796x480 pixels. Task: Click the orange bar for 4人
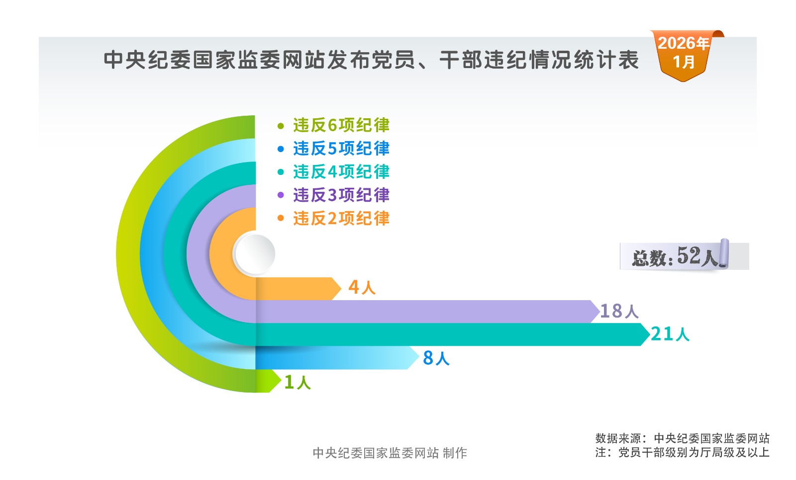[296, 289]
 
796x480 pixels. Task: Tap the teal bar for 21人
[448, 334]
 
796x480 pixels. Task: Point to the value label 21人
[670, 334]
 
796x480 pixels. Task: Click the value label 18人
[619, 311]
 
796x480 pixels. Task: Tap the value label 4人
[362, 287]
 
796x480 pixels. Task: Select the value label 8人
[436, 358]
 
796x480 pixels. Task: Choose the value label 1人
[297, 382]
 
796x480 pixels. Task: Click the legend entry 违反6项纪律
[341, 125]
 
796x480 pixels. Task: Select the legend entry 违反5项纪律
[341, 149]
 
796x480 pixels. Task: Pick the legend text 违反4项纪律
[341, 172]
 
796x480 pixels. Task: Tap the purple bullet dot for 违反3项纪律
[281, 195]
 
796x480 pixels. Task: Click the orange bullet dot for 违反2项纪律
[281, 218]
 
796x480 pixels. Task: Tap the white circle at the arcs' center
[254, 254]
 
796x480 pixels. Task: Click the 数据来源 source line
[682, 438]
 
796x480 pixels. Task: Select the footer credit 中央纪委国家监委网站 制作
[390, 453]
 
